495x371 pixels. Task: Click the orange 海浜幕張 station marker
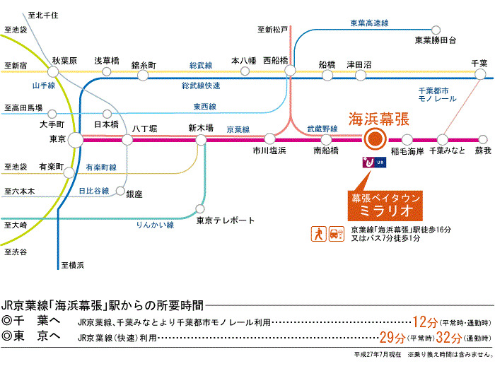(375, 139)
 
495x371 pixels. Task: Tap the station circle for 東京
(76, 140)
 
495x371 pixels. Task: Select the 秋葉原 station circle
(53, 71)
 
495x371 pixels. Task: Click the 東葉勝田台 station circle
(436, 30)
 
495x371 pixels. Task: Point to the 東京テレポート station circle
(200, 208)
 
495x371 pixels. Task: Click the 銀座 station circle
(120, 191)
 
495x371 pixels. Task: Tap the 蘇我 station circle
(483, 139)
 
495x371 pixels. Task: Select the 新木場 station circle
(201, 140)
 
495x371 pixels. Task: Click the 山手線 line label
(44, 86)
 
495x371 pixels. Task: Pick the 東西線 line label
(205, 107)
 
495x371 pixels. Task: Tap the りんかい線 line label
(155, 225)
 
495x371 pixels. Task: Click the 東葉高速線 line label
(369, 23)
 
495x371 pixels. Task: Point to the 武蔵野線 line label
(322, 129)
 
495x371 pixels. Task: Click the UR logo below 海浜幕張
(374, 163)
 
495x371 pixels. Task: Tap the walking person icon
(318, 234)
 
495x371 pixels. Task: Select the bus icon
(337, 234)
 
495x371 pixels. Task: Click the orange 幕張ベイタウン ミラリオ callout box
(385, 206)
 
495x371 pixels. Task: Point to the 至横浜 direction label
(73, 265)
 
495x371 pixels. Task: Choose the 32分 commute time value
(448, 338)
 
